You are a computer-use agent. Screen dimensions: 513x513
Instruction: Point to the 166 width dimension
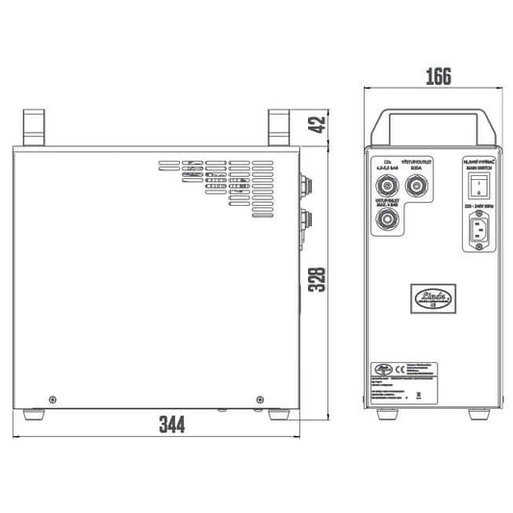coord(437,78)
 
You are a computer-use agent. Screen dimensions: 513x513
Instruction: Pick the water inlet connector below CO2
coord(389,221)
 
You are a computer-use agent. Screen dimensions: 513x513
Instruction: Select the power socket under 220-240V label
coord(479,232)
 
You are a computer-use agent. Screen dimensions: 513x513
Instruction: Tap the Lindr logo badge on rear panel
coord(432,295)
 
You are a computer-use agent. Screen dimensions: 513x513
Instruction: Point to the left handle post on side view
coord(36,127)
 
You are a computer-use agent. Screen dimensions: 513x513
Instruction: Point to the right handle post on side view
coord(280,127)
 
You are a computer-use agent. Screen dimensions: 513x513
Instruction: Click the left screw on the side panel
coord(52,399)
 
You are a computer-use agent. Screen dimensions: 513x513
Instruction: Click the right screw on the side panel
coord(260,399)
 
